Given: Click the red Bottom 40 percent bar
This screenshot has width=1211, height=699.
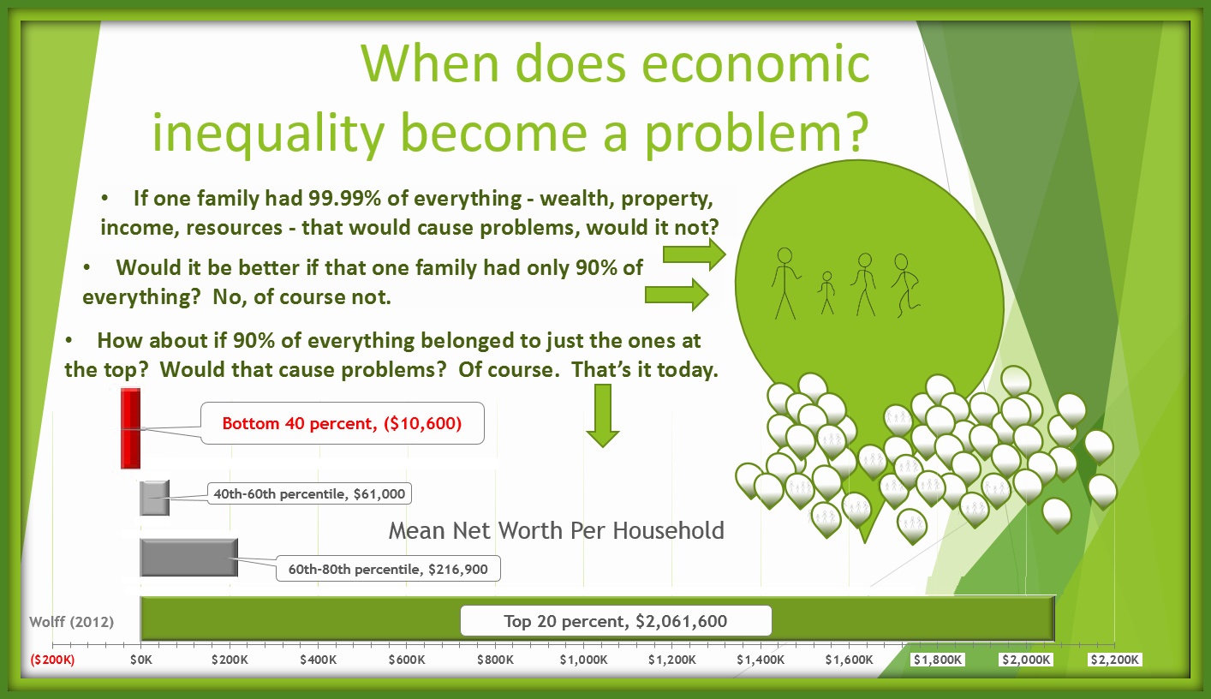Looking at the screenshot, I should [129, 428].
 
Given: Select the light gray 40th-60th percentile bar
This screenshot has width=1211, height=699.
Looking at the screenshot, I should [154, 498].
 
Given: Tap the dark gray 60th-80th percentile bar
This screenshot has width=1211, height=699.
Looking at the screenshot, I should [188, 557].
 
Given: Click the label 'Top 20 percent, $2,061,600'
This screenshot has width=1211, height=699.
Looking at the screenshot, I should [615, 621].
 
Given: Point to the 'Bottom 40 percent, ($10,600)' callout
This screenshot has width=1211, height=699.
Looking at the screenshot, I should [342, 423].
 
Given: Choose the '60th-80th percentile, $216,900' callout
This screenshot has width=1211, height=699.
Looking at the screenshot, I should [388, 570].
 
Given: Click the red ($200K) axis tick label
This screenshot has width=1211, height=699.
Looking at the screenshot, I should [53, 660].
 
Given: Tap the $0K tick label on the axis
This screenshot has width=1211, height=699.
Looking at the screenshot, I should [140, 660].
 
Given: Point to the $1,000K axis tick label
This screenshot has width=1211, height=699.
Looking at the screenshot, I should [584, 660].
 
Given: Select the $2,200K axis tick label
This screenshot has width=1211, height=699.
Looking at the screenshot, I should [1114, 660].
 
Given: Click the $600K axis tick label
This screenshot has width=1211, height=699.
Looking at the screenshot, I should [407, 660].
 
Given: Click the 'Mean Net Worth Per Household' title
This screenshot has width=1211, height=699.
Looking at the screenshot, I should [556, 530].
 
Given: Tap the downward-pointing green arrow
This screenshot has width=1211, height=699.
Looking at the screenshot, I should [603, 415].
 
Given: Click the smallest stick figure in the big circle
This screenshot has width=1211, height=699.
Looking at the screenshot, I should [826, 293].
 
